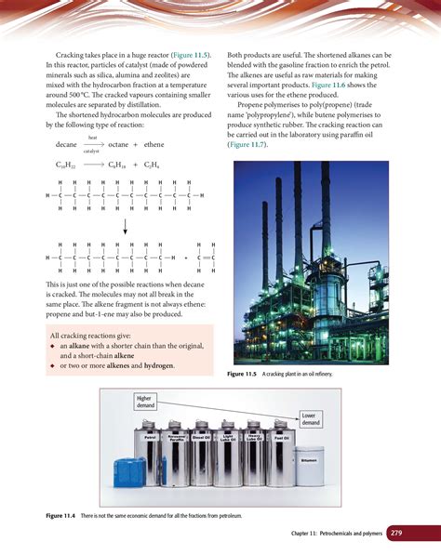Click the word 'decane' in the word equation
click(66, 145)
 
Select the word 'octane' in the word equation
click(118, 145)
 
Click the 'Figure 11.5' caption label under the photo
click(245, 373)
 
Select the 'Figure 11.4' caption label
click(63, 514)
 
